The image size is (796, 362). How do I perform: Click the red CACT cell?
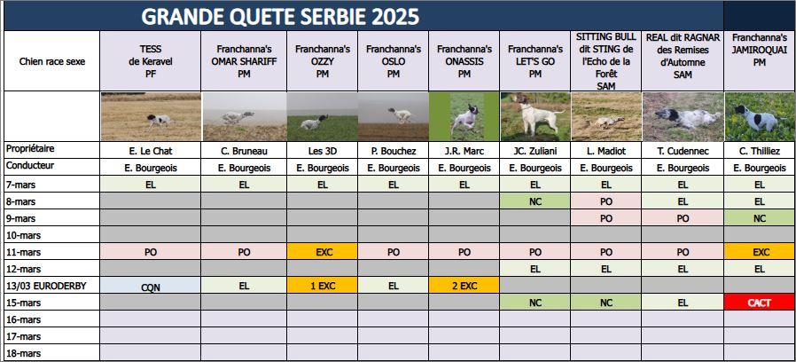point(760,303)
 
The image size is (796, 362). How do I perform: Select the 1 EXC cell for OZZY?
point(323,286)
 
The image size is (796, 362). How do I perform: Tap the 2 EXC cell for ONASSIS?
point(464,286)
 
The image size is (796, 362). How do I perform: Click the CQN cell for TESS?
point(151,287)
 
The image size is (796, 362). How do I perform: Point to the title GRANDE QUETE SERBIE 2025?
point(280,17)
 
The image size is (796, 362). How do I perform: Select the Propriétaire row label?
point(30,149)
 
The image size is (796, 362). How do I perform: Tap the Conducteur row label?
point(30,166)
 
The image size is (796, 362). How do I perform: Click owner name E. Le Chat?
point(151,151)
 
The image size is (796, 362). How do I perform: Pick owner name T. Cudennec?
point(683,151)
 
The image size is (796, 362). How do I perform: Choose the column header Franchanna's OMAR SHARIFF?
point(244,61)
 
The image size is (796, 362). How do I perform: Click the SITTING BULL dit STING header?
point(606,61)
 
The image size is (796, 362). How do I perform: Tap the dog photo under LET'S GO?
point(535,116)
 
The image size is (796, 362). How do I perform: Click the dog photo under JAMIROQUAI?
point(760,116)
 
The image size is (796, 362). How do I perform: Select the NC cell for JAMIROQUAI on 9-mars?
point(760,218)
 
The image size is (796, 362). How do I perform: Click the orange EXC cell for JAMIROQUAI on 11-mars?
point(760,252)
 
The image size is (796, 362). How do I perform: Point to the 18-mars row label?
point(24,353)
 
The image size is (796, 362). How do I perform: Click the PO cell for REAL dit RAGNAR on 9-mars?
point(683,218)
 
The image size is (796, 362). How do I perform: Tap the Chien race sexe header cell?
point(52,61)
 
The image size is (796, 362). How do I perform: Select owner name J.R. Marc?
point(464,151)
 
